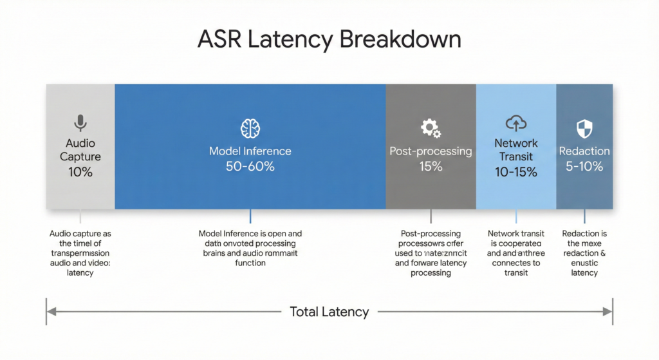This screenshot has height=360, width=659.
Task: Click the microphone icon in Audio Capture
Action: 80,123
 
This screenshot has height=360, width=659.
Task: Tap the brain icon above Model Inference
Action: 250,128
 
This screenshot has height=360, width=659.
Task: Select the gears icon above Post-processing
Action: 431,128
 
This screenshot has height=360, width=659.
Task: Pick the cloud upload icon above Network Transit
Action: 516,123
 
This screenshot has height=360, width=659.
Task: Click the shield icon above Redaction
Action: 584,127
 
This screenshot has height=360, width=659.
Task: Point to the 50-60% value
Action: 250,167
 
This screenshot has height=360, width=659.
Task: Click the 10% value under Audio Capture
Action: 80,172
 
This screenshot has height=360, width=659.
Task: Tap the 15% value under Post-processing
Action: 431,167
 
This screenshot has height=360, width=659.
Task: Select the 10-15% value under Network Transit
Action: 516,172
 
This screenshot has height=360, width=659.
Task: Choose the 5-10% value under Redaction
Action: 584,167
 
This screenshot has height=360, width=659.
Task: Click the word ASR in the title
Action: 220,40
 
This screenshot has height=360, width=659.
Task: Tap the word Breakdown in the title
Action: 400,40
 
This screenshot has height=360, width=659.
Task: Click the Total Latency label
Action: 329,312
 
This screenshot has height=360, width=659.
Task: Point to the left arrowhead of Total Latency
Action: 51,312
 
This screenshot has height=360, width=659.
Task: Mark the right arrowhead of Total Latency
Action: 608,312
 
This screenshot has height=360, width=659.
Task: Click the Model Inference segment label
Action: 250,151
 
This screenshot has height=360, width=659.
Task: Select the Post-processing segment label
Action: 431,151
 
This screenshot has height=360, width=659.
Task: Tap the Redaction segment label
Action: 584,151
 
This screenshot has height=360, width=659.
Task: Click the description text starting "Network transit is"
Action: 516,253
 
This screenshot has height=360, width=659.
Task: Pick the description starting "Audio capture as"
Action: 80,253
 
